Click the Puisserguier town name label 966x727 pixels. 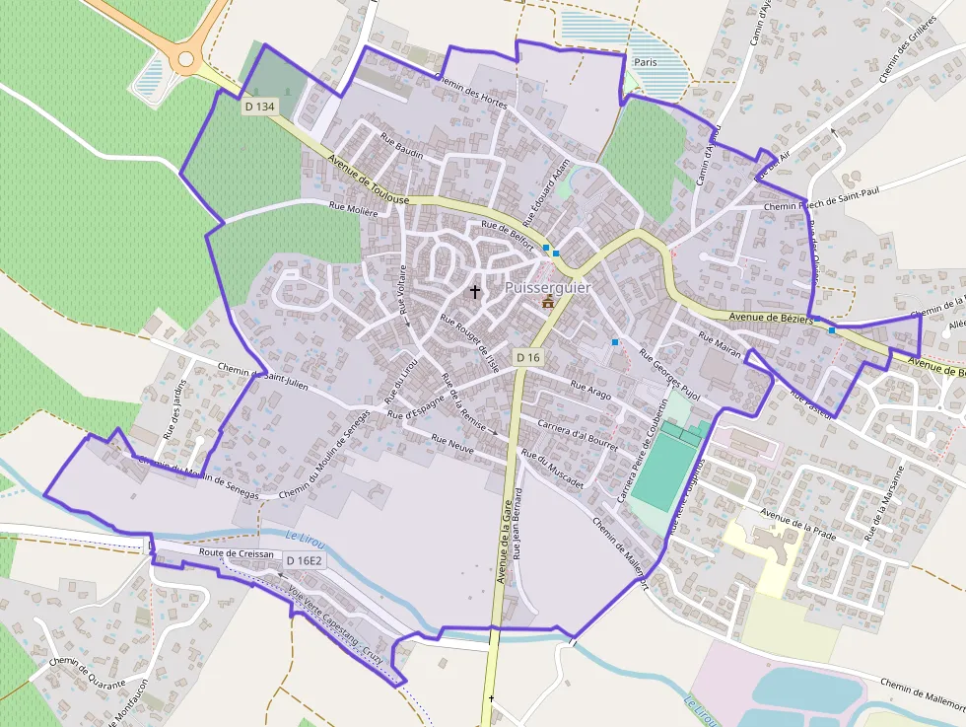coord(548,288)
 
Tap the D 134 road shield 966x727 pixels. coord(260,106)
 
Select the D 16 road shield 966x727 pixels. coord(528,357)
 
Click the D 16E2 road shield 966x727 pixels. coord(305,561)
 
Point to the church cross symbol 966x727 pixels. coord(475,292)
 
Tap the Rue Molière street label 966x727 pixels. coord(353,208)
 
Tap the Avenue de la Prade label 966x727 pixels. coord(798,522)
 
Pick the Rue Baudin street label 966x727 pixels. coord(401,148)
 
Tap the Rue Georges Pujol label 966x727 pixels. coord(669,374)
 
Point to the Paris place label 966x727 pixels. coord(646,62)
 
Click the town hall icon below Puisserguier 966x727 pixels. coord(548,302)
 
